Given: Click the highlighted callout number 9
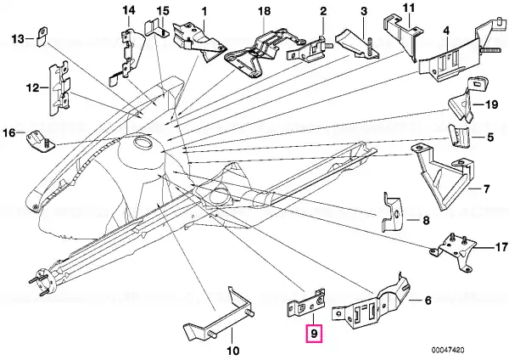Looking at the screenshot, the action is pyautogui.click(x=314, y=334).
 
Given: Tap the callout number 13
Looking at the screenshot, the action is pyautogui.click(x=18, y=39).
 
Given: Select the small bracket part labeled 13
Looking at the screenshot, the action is pyautogui.click(x=42, y=37).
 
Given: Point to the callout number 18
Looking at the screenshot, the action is pyautogui.click(x=264, y=11).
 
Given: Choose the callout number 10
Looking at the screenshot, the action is pyautogui.click(x=233, y=351).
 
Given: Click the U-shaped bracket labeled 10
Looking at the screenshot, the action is pyautogui.click(x=219, y=314).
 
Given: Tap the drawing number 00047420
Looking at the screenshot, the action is pyautogui.click(x=448, y=350).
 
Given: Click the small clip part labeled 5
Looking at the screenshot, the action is pyautogui.click(x=459, y=136).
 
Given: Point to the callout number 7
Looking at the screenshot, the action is pyautogui.click(x=486, y=188).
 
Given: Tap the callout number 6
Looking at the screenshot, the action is pyautogui.click(x=428, y=301).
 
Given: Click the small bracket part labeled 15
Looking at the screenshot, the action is pyautogui.click(x=156, y=28).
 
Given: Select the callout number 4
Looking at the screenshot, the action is pyautogui.click(x=447, y=31).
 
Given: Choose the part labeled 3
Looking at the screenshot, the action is pyautogui.click(x=357, y=47).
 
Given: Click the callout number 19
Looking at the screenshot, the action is pyautogui.click(x=491, y=104).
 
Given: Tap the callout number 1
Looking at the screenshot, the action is pyautogui.click(x=204, y=12).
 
